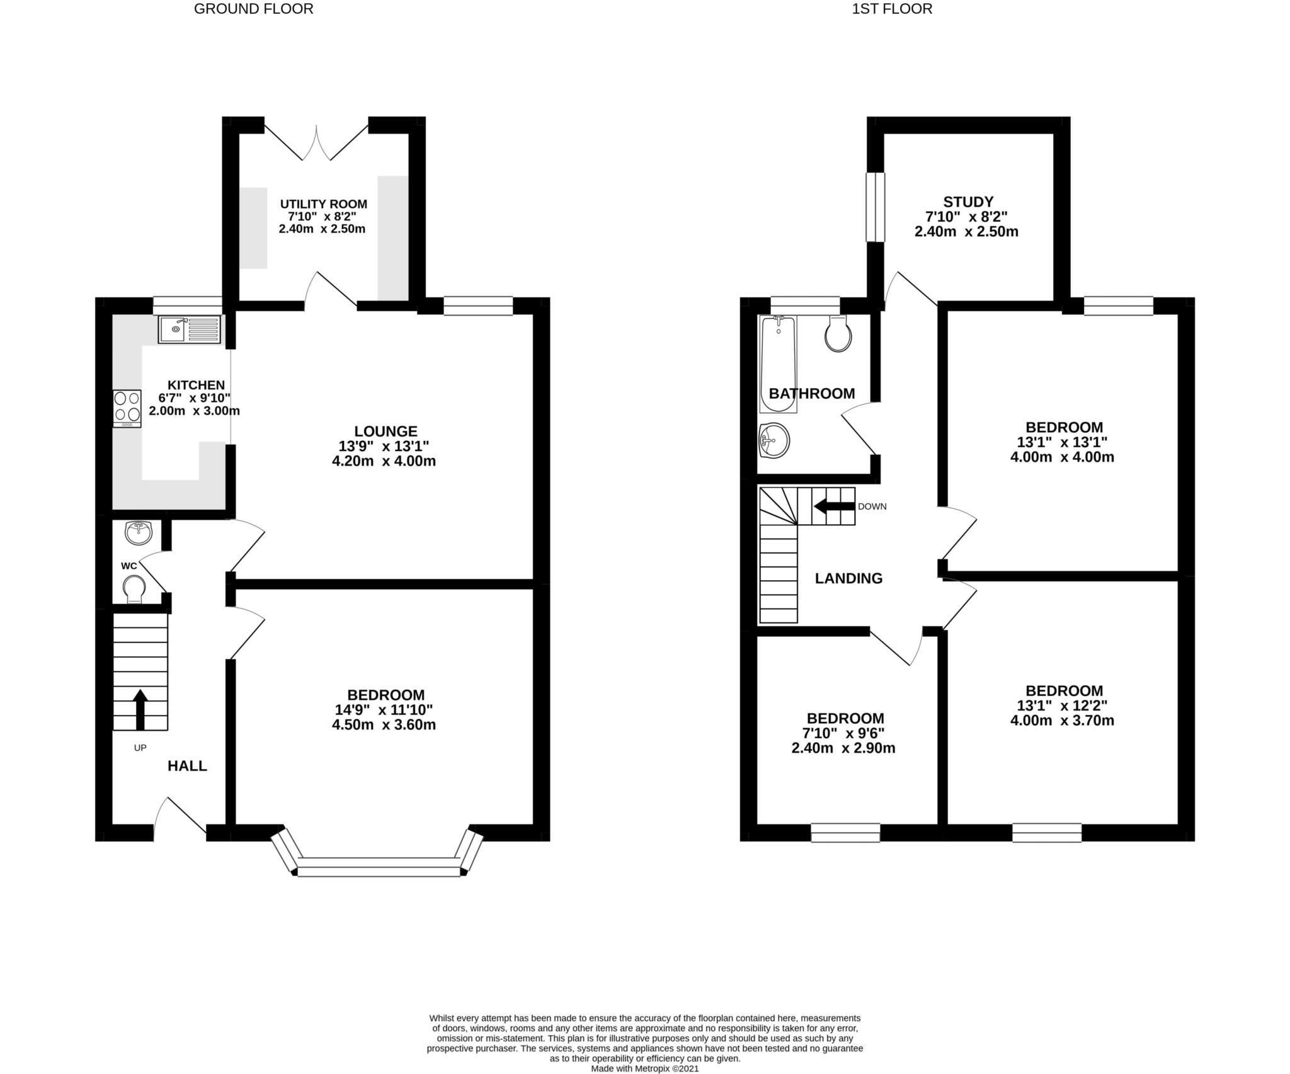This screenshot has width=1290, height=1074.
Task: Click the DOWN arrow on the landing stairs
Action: [833, 506]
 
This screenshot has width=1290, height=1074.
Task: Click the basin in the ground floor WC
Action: [139, 533]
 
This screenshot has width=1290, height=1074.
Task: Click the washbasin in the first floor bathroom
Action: [775, 440]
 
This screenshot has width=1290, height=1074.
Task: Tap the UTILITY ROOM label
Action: [323, 204]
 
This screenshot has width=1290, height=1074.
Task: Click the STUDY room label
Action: [967, 202]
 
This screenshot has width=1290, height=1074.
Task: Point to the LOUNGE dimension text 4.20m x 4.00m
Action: [384, 460]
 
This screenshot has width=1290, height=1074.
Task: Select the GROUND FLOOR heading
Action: [253, 9]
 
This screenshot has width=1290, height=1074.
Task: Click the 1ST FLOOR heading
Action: [891, 9]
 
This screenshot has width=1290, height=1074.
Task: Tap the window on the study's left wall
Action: [875, 207]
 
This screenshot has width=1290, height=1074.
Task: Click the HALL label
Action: [187, 766]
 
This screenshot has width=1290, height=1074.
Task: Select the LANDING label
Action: [848, 578]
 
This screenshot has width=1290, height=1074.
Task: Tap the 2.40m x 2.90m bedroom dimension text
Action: [843, 748]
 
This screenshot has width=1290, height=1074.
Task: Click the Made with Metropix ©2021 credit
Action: [644, 1068]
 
